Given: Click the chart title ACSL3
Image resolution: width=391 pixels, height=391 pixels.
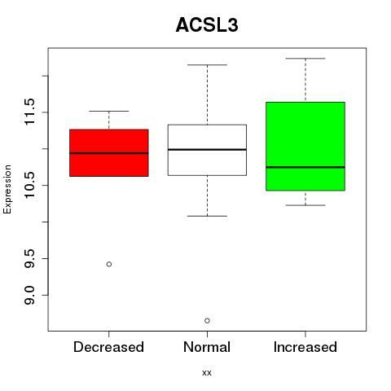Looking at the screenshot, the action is [207, 25].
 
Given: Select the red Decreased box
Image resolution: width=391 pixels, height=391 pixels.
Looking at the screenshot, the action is [109, 153].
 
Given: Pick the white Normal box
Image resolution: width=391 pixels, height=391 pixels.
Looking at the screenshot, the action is [207, 150].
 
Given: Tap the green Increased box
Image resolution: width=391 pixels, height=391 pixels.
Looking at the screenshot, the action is [305, 147].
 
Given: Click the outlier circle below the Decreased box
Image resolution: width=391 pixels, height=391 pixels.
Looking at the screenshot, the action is [109, 264].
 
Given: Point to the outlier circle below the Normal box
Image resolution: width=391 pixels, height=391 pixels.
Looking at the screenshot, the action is [207, 321].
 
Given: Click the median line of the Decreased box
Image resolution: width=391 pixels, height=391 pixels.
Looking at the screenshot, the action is [109, 153].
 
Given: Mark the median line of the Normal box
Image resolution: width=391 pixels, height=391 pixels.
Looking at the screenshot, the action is [207, 150].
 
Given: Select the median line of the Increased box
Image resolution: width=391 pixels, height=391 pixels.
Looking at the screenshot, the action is [305, 167].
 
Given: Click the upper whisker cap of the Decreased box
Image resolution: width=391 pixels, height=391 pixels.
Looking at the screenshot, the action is [109, 111].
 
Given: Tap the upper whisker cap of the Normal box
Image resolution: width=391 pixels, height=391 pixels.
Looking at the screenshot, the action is [207, 65].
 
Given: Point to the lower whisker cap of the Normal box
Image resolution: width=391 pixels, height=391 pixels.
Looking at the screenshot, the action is [207, 216].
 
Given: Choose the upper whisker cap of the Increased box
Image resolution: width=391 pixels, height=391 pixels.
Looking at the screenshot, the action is [305, 59].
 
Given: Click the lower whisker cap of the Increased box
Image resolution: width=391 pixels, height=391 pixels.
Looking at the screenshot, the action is [305, 205].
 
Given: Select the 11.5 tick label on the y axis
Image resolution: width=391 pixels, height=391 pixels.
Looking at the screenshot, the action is [29, 112].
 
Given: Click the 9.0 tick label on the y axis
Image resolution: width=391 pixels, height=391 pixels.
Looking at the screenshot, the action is [29, 295].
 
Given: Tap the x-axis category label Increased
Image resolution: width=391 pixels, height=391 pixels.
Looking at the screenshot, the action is [305, 347].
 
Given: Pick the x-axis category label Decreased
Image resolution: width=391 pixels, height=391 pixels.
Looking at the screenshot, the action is [108, 347].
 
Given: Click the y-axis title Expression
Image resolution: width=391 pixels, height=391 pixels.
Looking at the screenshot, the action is [7, 189].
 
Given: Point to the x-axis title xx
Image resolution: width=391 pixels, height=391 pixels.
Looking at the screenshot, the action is [207, 373].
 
